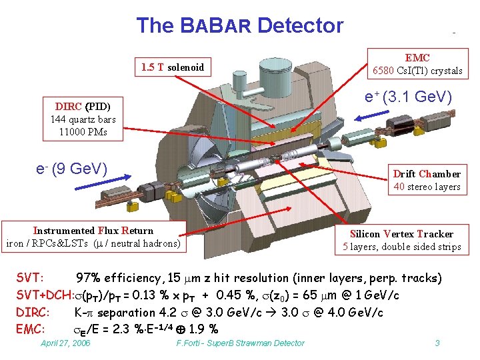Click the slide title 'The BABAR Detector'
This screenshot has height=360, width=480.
point(239,26)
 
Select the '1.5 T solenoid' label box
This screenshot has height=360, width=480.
point(173,67)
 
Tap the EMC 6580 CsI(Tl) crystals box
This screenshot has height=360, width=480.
point(417,64)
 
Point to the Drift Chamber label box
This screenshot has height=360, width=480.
point(427,180)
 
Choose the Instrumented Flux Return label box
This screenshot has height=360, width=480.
point(93,237)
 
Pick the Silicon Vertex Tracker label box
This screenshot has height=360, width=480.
point(401,240)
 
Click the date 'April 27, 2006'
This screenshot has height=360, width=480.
point(65,343)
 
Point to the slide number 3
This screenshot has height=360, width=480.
point(437,343)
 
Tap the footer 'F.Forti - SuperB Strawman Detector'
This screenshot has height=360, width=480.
point(240,343)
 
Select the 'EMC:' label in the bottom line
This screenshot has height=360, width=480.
point(30,329)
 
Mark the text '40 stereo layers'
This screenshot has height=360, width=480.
point(427,187)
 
